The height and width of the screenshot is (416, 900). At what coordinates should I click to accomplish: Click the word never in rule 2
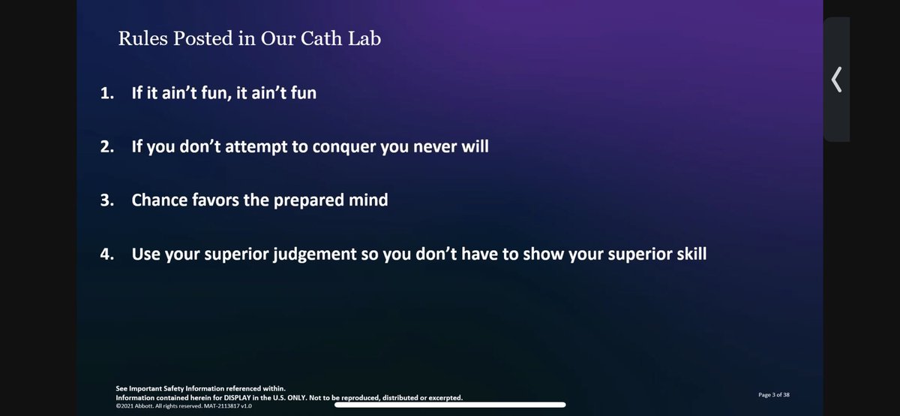(x=436, y=147)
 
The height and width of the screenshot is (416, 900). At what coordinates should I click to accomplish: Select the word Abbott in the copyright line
(x=146, y=405)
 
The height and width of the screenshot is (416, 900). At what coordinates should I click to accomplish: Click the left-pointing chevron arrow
(x=837, y=78)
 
